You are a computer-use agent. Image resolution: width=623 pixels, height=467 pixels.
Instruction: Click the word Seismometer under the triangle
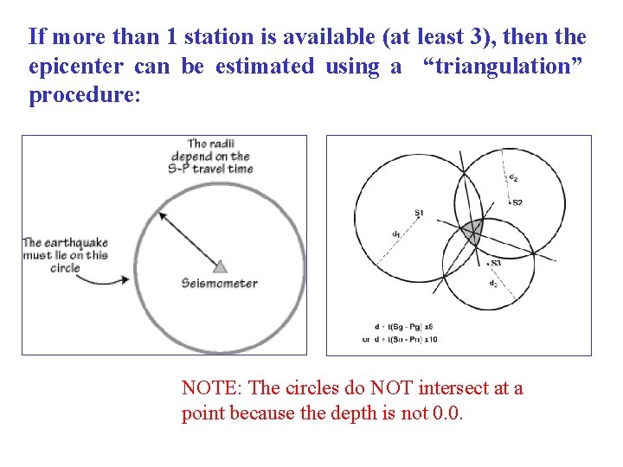click(x=220, y=283)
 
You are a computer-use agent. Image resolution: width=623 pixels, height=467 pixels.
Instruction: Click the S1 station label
click(x=419, y=213)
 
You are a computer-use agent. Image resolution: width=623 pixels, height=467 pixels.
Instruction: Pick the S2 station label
click(x=517, y=202)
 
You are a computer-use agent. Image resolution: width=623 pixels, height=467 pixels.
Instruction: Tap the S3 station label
click(x=496, y=263)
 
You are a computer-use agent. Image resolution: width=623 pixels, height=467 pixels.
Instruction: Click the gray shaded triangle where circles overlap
click(x=471, y=230)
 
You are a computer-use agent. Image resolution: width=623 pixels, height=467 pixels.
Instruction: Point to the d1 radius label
click(x=395, y=233)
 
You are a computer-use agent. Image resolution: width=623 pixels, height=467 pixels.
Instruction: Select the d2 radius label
click(x=513, y=178)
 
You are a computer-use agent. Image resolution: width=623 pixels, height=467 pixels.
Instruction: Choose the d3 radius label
click(x=492, y=283)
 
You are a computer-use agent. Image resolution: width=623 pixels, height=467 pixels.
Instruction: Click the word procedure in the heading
click(x=81, y=94)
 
